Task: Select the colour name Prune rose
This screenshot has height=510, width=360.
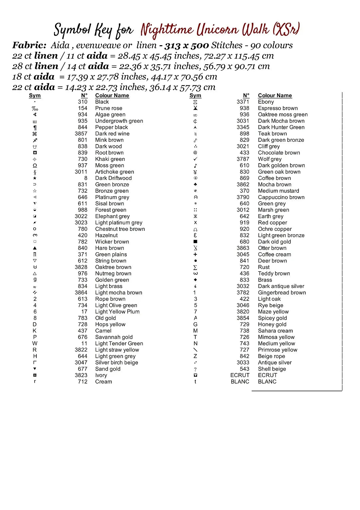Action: coord(108,108)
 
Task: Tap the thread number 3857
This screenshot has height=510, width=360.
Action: coord(81,134)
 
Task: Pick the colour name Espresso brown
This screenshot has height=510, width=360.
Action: coord(277,108)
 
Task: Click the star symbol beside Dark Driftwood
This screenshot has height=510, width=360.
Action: coord(35,178)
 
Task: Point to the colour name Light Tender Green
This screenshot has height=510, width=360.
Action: coord(119,343)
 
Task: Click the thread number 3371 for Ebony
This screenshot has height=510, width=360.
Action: coord(243,102)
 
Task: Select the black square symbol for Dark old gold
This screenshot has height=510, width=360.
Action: coord(195,242)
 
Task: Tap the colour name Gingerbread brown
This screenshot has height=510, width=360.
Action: coord(282,292)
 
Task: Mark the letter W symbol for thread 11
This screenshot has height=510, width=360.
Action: coord(35,343)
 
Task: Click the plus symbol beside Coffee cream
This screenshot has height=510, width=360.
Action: coord(195,254)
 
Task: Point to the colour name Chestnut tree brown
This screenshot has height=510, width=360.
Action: coord(120,229)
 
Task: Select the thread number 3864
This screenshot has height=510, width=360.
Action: coord(81,292)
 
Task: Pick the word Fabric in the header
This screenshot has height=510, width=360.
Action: coord(29,45)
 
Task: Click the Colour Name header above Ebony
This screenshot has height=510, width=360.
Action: coord(275,96)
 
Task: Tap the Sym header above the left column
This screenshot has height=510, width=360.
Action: coord(35,96)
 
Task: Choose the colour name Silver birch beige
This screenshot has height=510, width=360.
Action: coord(116,362)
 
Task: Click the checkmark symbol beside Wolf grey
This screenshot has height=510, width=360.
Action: coord(195,159)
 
